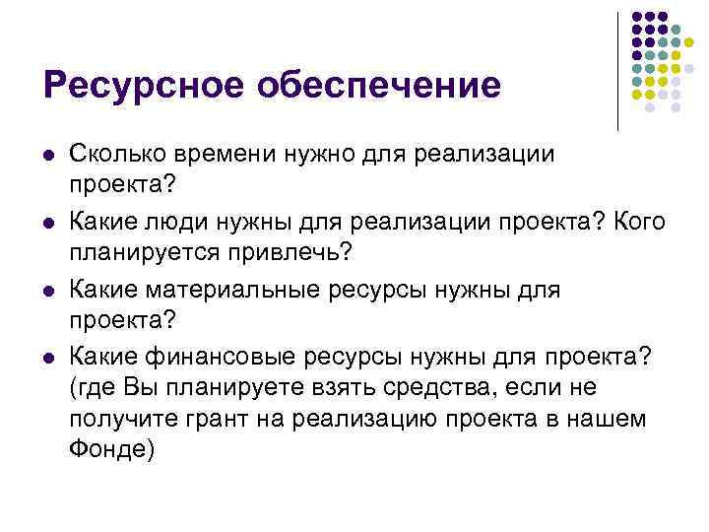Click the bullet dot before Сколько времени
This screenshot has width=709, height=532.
pos(48,156)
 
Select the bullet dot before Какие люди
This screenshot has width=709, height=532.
pos(48,221)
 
